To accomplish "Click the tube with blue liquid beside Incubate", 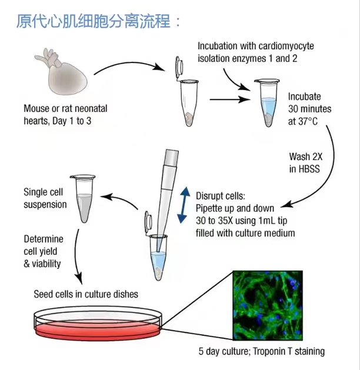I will pos(267,104).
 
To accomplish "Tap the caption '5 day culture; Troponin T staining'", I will pos(261,352).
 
